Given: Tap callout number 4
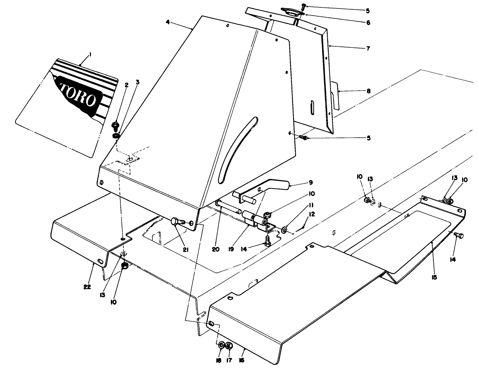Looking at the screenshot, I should point(168,22).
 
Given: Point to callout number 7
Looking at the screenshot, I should point(368,48).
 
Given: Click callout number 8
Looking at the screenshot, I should point(368,91).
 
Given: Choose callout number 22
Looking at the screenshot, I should point(87,287).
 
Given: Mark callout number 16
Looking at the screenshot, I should point(242,360).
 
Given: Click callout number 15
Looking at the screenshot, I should point(434,277).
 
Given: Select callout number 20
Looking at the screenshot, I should point(216,249).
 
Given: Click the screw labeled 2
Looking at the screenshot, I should point(115,126).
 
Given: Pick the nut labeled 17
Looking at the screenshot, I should point(229,345).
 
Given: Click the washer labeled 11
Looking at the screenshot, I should point(285,230).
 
